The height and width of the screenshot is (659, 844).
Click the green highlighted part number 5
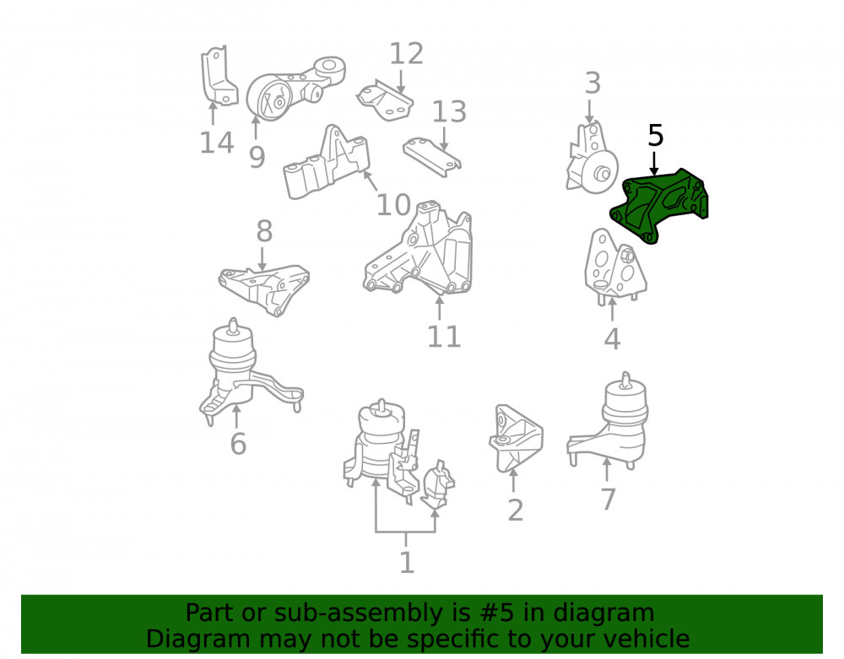click(659, 207)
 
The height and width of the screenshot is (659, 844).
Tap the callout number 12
click(407, 54)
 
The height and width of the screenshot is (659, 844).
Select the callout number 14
click(217, 143)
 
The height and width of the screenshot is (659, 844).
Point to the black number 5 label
click(655, 136)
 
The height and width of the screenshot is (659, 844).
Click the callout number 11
click(444, 337)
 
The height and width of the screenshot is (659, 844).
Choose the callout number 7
click(608, 500)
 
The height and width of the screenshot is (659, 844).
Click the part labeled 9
click(295, 89)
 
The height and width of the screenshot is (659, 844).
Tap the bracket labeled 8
click(263, 289)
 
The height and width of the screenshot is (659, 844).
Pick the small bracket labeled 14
click(219, 76)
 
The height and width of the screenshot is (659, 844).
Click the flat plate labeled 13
click(432, 157)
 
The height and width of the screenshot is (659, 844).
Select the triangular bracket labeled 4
click(614, 267)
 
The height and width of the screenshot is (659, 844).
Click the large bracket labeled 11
click(419, 249)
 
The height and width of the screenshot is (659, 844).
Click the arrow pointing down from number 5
click(655, 164)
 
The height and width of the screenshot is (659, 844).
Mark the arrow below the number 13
click(444, 138)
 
